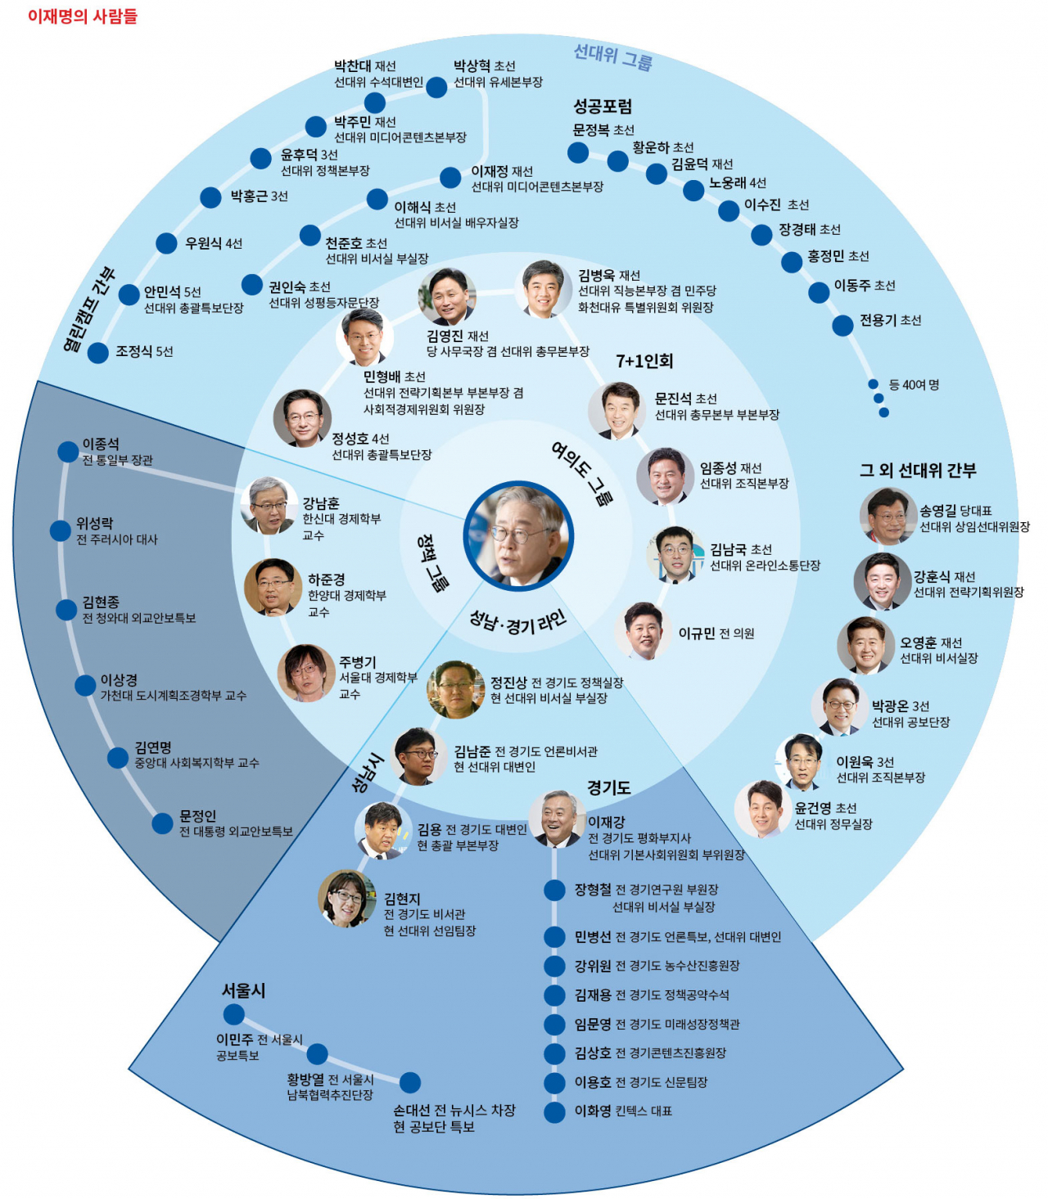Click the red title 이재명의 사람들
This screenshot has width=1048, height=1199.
[83, 16]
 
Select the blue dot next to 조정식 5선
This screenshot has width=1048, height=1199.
[98, 353]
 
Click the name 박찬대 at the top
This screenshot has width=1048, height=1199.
[352, 66]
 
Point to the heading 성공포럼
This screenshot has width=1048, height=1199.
[603, 106]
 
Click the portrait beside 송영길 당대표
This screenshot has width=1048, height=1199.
[888, 516]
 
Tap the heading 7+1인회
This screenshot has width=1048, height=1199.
[644, 361]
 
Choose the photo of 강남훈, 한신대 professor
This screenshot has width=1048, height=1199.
[269, 506]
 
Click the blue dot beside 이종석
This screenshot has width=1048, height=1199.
[68, 451]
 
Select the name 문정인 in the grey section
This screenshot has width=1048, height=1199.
[198, 816]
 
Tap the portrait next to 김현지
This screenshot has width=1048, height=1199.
[347, 898]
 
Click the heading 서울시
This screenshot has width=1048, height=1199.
[244, 990]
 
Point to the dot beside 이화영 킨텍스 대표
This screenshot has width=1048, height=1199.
[555, 1111]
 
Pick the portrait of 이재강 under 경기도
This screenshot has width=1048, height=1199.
[557, 818]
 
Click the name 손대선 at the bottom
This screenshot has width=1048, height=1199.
[412, 1111]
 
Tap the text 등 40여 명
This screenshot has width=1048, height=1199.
[914, 385]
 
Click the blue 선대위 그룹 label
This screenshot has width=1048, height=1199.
[612, 56]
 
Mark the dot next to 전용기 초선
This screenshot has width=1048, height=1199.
[842, 325]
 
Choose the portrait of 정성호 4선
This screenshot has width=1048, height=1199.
[302, 417]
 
